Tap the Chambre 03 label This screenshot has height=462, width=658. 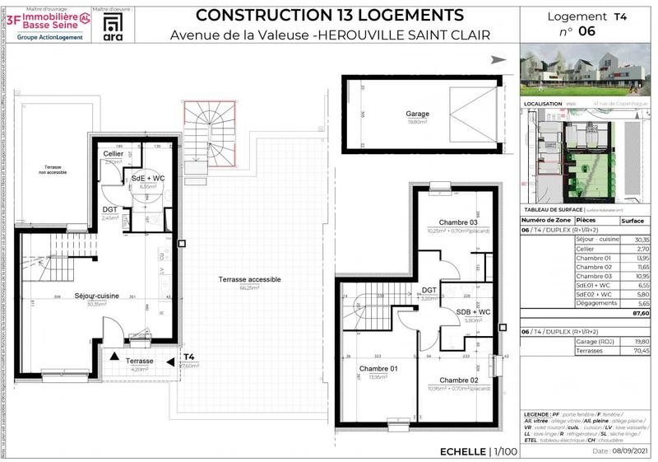tap(440, 223)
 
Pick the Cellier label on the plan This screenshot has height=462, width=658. tap(114, 155)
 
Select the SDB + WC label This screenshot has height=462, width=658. tap(473, 312)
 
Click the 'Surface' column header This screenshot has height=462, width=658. tap(633, 221)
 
